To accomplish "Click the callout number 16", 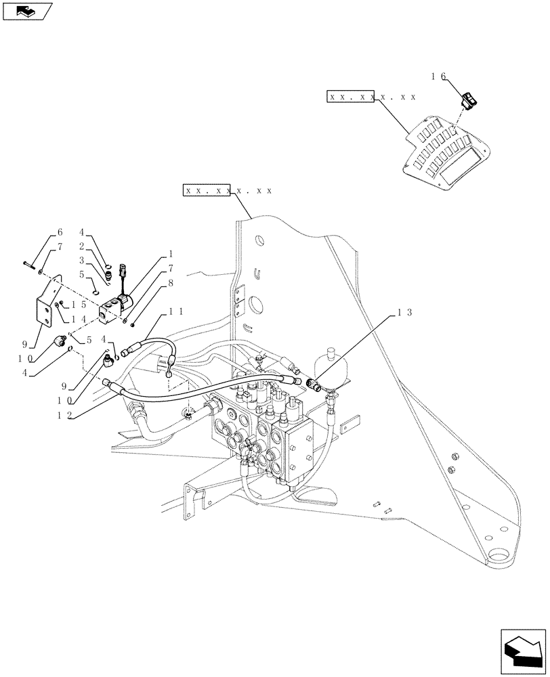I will [438, 77].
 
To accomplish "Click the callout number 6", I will [59, 232].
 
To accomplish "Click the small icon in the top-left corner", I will [27, 11].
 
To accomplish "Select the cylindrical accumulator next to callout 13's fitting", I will [331, 362].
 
